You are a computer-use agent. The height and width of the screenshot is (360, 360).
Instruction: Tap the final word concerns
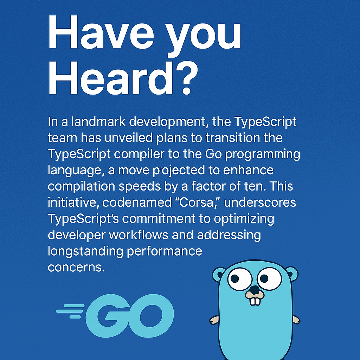point(76,267)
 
